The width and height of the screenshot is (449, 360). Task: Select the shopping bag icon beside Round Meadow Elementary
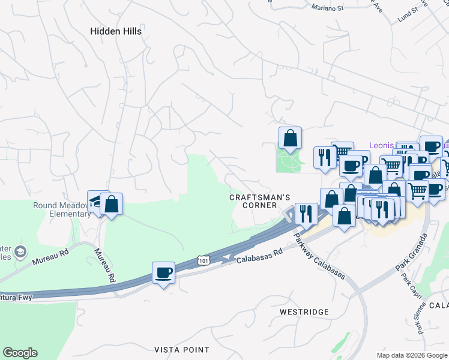[112, 204]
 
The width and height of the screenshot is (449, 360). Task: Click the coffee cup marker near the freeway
[163, 274]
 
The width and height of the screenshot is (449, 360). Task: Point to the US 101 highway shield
[204, 260]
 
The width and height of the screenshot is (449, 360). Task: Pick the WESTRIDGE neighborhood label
[304, 312]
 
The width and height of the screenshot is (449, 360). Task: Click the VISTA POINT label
[182, 349]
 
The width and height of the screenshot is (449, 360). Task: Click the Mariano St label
[327, 8]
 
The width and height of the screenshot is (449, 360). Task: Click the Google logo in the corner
[20, 353]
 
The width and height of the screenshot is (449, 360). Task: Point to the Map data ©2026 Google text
[412, 355]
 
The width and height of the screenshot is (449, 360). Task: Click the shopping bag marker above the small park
[290, 137]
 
